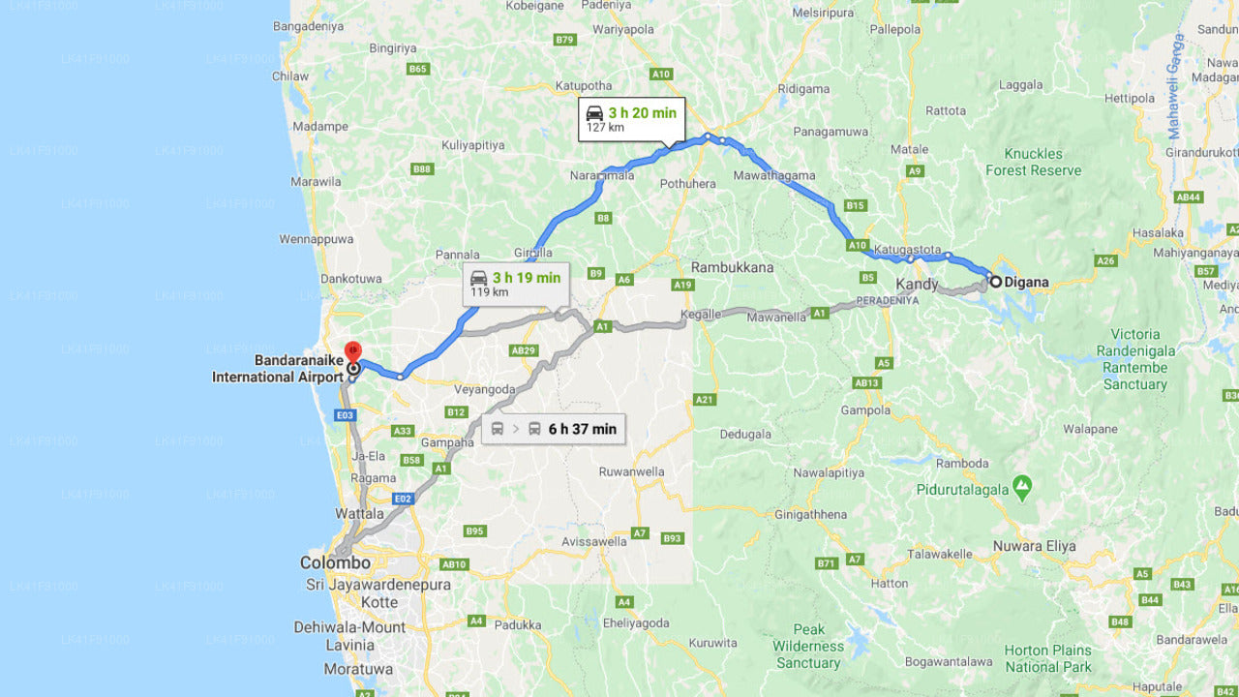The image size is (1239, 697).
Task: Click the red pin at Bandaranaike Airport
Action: click(x=353, y=350)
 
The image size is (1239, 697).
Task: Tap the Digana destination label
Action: click(x=1025, y=283)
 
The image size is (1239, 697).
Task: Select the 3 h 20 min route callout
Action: click(x=631, y=119)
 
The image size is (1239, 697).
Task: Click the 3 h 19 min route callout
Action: click(x=515, y=284)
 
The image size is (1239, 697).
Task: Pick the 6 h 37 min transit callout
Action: click(x=554, y=429)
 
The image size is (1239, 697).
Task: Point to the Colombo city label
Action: click(x=335, y=562)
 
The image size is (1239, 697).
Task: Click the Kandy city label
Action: click(x=917, y=285)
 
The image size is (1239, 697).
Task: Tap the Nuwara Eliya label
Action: click(x=1034, y=546)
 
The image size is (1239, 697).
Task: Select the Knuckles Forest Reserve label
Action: click(x=1033, y=162)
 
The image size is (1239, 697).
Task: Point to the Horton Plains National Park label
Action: click(x=1047, y=658)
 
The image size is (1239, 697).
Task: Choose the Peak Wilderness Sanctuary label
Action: click(x=808, y=646)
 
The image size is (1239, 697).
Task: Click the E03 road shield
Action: click(x=346, y=415)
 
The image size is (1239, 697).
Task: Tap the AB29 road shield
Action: click(x=523, y=350)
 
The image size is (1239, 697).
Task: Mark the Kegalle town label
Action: click(x=701, y=315)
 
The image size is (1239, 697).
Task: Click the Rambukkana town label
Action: click(x=732, y=267)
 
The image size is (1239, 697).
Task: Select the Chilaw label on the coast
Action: click(x=290, y=76)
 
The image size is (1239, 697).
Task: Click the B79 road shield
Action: click(x=565, y=40)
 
